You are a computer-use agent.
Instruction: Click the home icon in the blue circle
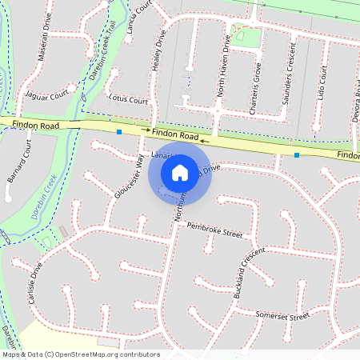pos(180,172)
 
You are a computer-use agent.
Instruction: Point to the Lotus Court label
pos(128,101)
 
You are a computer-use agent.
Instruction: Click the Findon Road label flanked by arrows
pos(174,136)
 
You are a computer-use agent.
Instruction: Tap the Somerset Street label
pos(281,318)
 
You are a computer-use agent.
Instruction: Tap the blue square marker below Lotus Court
pos(119,131)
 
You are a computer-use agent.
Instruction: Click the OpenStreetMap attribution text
pos(80,354)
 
